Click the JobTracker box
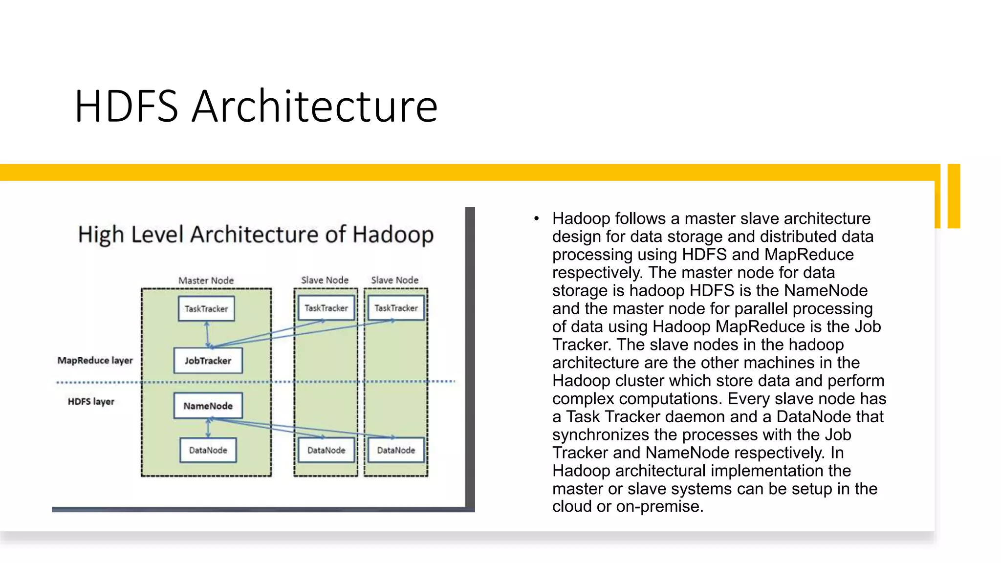click(x=208, y=361)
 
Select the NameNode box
click(x=208, y=406)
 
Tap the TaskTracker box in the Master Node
click(x=206, y=308)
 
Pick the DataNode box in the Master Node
click(x=208, y=450)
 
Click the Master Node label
click(x=206, y=281)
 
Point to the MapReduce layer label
click(x=95, y=360)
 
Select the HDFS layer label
click(x=91, y=401)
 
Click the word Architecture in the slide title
click(x=314, y=106)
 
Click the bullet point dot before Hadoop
click(x=536, y=218)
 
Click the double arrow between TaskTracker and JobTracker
click(x=207, y=334)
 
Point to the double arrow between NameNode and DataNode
click(x=208, y=428)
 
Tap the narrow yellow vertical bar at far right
click(x=954, y=196)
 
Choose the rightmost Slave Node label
click(x=394, y=280)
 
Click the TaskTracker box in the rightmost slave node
click(x=396, y=308)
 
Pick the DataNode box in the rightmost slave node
click(x=396, y=450)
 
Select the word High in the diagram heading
click(x=101, y=235)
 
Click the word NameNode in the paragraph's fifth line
click(x=826, y=291)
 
